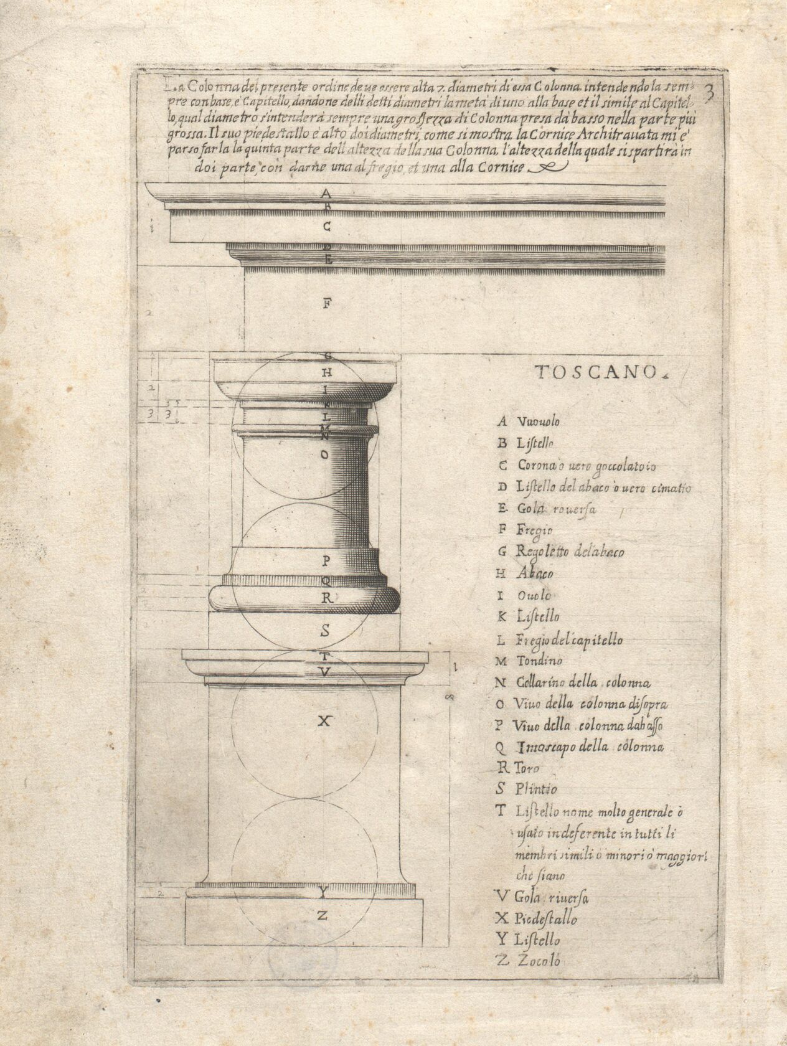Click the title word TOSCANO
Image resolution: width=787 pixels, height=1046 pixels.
point(596,372)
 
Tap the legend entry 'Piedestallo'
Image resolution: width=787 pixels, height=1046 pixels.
point(545,919)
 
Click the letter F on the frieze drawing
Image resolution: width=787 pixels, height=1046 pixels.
point(327,304)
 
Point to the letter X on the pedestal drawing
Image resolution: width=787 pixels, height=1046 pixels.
point(323,722)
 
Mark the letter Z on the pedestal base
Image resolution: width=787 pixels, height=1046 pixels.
point(323,916)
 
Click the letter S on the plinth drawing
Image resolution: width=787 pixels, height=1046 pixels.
point(325,631)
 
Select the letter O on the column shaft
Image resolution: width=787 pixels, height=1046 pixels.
point(324,455)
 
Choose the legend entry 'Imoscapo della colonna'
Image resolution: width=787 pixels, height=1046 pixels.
point(588,747)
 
